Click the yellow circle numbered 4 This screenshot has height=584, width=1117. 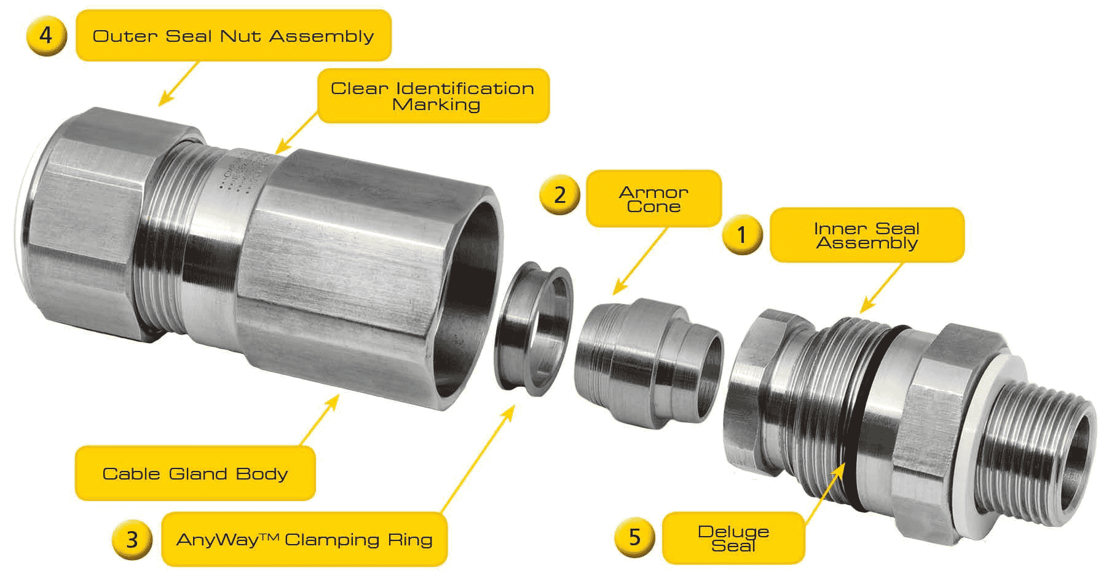[x=46, y=36]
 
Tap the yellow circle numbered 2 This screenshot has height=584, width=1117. [x=559, y=195]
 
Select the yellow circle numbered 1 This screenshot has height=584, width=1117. [x=742, y=234]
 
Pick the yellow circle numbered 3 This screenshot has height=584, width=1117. [x=132, y=539]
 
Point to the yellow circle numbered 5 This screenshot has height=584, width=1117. [x=634, y=537]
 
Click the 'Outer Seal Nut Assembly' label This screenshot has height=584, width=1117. [x=233, y=36]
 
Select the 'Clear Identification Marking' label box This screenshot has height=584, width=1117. [x=433, y=96]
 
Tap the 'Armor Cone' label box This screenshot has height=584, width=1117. [x=653, y=199]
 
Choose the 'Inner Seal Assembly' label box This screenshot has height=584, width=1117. [x=866, y=235]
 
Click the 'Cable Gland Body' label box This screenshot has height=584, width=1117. [x=195, y=473]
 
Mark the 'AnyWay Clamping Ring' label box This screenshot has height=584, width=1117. [x=304, y=539]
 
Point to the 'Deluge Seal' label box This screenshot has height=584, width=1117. [x=733, y=538]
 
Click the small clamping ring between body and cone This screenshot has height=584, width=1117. [x=534, y=326]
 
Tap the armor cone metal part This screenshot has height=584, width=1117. [x=645, y=363]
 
